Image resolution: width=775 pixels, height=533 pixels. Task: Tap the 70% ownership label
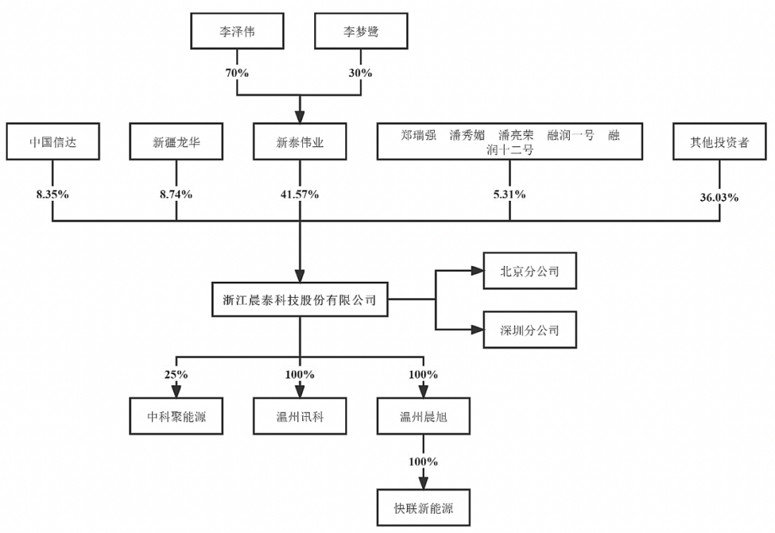pos(238,72)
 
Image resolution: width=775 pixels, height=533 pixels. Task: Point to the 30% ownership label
pos(361,72)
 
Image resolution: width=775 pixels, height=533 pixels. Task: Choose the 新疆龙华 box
pos(177,142)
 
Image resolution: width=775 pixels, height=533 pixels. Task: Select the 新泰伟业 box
pos(300,142)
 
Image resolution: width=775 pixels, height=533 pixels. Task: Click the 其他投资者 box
pos(720,142)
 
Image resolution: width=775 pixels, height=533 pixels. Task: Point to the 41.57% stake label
pos(300,194)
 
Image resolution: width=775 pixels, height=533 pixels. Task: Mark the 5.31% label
pos(509,194)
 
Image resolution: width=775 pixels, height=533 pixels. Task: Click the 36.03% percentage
pos(720,197)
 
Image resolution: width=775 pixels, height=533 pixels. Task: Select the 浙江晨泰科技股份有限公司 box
pos(300,300)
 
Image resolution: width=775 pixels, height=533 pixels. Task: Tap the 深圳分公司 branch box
pos(530,331)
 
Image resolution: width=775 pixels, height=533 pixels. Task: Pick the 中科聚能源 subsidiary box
pos(177,416)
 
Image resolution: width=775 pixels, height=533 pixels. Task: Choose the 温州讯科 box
pos(300,416)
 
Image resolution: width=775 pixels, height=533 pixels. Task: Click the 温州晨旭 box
pos(423,416)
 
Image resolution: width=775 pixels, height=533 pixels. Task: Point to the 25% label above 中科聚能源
pos(177,374)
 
